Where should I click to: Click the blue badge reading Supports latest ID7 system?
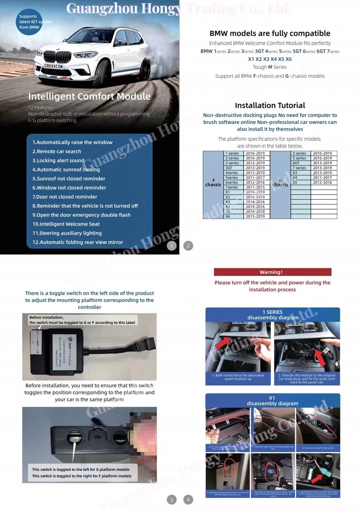(30, 22)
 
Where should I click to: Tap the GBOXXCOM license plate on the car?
(53, 66)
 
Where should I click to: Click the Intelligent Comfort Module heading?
(89, 96)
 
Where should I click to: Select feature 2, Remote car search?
(57, 152)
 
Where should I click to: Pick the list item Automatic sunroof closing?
(66, 170)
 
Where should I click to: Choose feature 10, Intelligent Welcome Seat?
(66, 224)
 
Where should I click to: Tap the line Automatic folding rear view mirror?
(78, 242)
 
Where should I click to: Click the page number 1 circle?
(172, 246)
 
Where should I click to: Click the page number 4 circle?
(188, 500)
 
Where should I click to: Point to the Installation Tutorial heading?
(270, 105)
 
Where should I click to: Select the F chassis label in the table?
(213, 183)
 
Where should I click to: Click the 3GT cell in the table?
(229, 168)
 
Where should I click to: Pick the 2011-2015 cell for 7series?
(255, 187)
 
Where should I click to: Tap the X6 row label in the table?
(228, 216)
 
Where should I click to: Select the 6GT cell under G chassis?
(296, 163)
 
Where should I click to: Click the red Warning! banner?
(272, 272)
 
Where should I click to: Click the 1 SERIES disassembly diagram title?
(273, 315)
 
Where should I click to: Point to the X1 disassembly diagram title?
(272, 401)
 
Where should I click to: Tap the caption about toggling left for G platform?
(81, 469)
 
